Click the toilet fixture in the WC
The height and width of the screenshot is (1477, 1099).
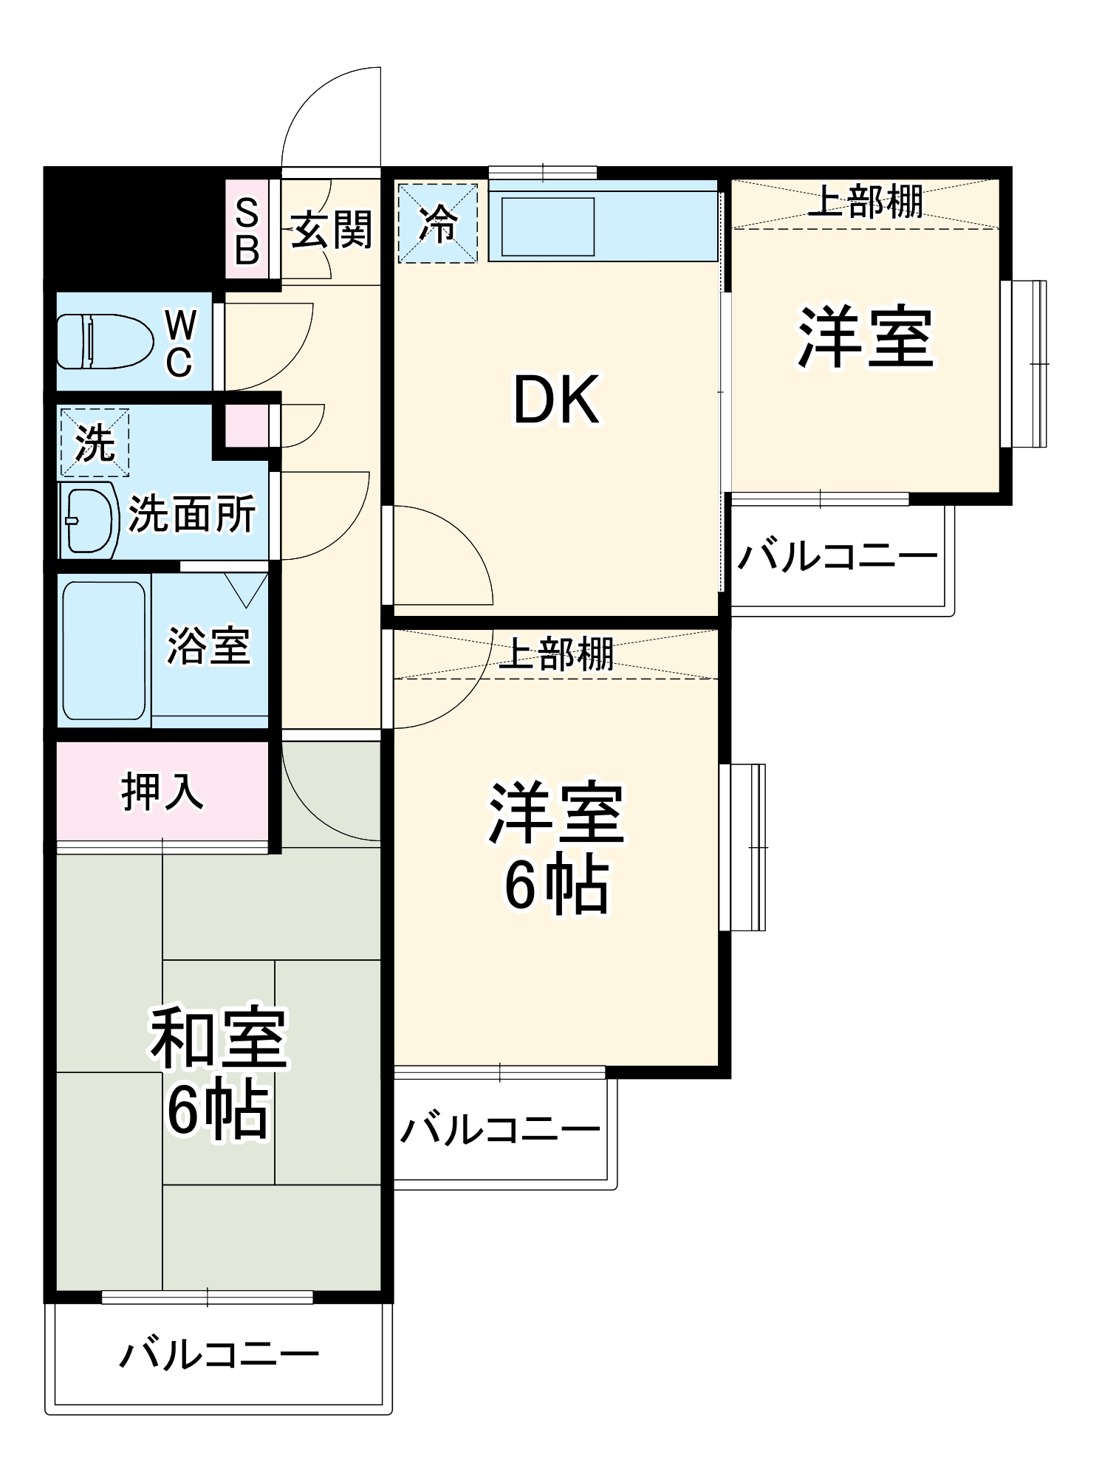(x=103, y=341)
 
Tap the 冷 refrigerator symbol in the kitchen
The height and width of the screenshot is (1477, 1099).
(x=438, y=223)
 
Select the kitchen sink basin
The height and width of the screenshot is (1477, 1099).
(x=547, y=227)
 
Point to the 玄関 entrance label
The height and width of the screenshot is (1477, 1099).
(x=330, y=230)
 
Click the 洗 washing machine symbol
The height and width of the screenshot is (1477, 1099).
(x=95, y=443)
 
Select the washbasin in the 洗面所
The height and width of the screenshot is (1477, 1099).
(x=91, y=520)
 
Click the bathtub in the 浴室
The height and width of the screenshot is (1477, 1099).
(x=103, y=650)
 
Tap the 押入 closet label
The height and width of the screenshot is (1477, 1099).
(x=162, y=792)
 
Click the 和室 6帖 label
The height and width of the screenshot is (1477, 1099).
(x=218, y=1072)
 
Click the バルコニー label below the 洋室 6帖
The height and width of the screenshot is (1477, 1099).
(x=500, y=1129)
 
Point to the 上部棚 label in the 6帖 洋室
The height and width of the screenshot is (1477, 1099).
(x=555, y=654)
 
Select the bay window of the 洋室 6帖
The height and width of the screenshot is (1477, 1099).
(x=744, y=847)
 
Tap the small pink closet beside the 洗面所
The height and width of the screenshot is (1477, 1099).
(x=247, y=426)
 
